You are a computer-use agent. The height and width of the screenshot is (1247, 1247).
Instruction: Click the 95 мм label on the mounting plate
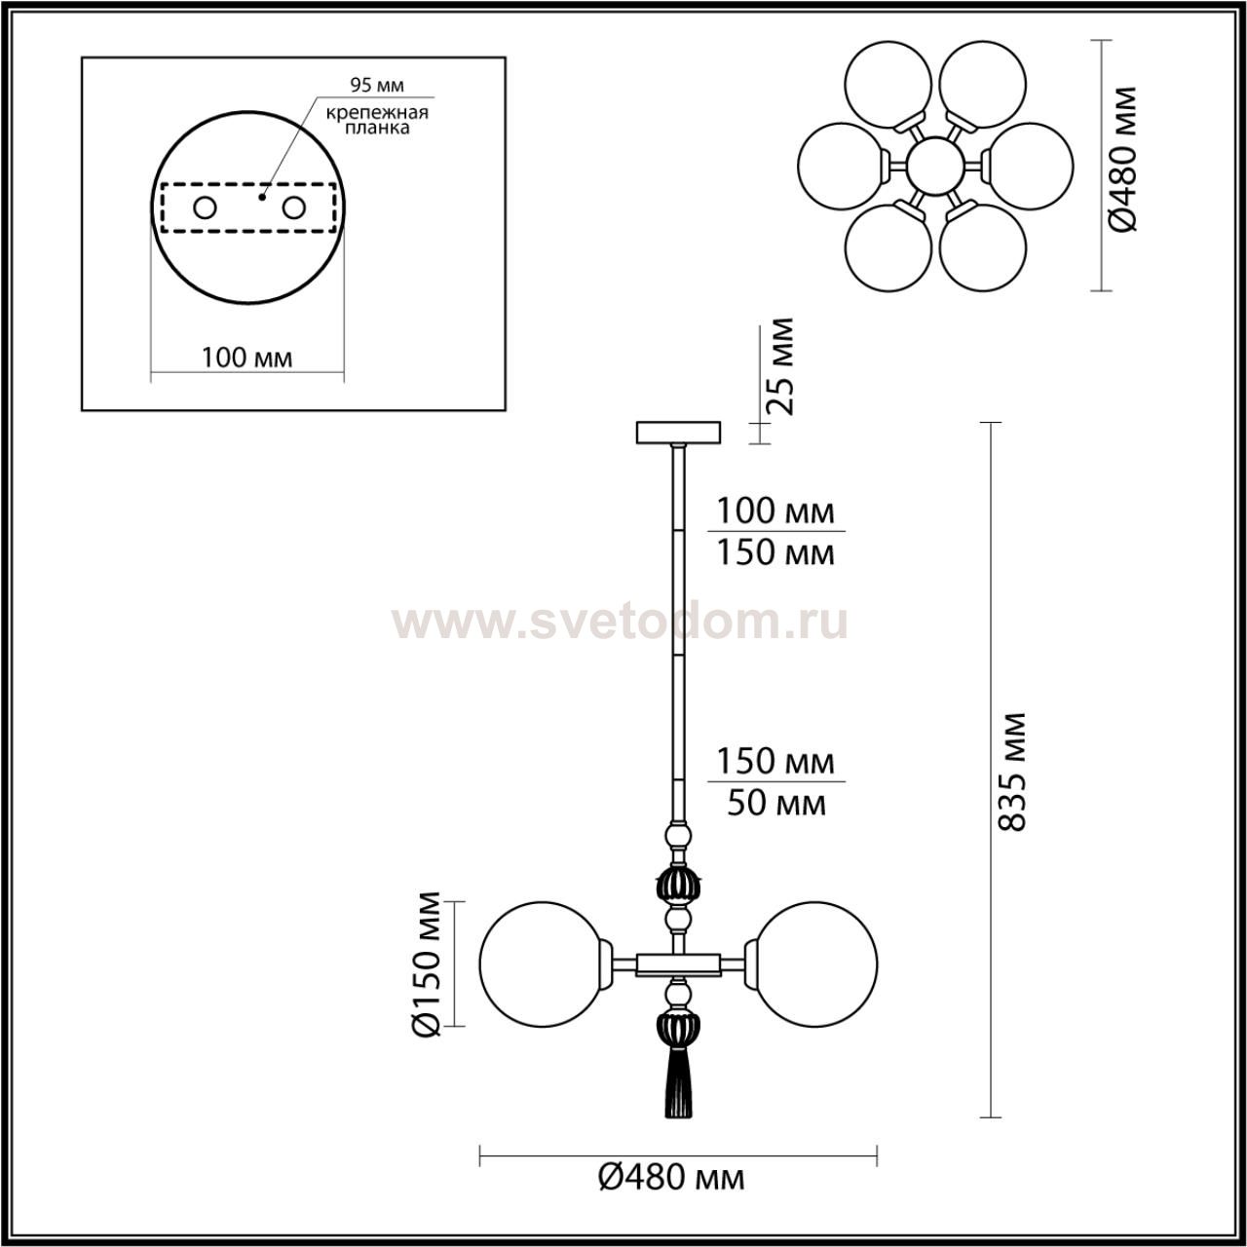coord(377,85)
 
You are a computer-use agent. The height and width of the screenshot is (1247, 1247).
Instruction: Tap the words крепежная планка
coord(377,120)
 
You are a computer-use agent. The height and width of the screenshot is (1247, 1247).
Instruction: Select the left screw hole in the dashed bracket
coord(206,208)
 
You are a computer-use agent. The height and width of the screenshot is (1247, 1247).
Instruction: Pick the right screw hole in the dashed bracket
coord(293,208)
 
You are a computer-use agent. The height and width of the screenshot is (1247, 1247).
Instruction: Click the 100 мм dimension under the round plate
coord(246,358)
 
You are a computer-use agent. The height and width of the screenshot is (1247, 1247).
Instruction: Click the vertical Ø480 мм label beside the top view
coord(1122,159)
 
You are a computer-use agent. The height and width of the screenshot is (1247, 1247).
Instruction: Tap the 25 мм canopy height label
coord(778,366)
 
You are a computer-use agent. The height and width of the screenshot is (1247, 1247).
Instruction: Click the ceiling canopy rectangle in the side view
coord(678,433)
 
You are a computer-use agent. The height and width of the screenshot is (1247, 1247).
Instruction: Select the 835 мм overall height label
coord(1011,772)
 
